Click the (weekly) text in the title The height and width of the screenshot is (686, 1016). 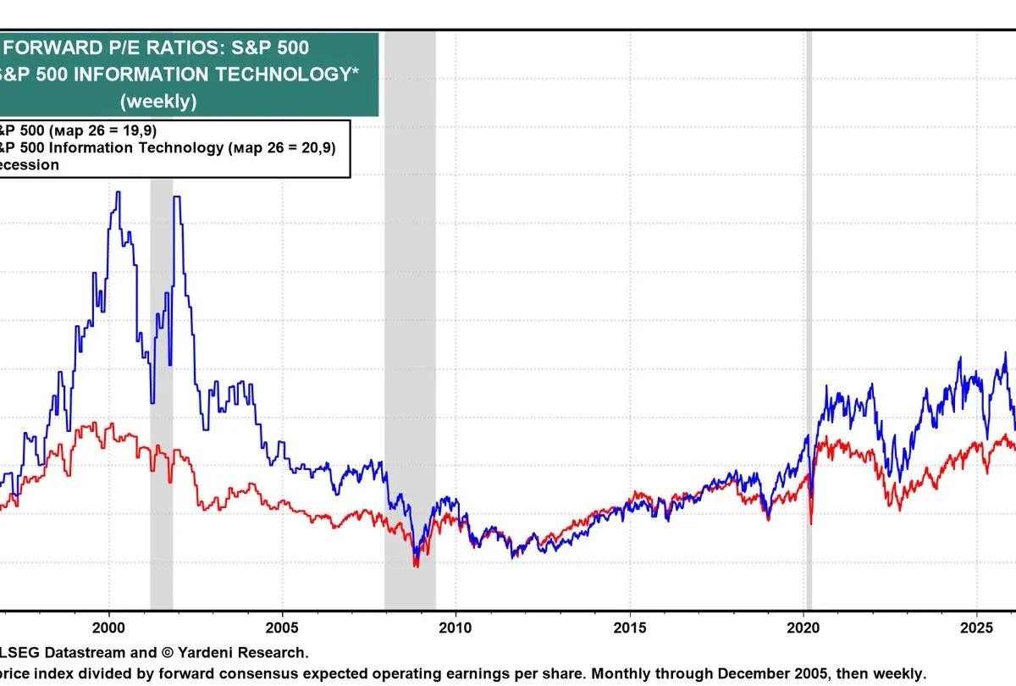pyautogui.click(x=158, y=102)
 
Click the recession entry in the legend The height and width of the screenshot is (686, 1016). pyautogui.click(x=29, y=164)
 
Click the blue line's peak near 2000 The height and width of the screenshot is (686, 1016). pyautogui.click(x=118, y=193)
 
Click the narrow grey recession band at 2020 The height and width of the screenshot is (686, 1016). pyautogui.click(x=809, y=339)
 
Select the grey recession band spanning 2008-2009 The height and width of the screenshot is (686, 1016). pyautogui.click(x=410, y=339)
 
